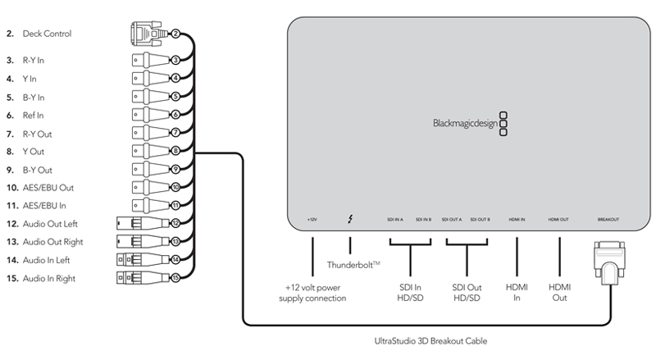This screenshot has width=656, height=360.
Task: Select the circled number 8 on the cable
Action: point(175,152)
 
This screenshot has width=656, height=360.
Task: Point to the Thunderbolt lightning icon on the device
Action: point(351,220)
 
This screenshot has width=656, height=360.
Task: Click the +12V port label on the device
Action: point(312,220)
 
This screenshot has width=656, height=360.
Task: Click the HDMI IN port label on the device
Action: point(517,220)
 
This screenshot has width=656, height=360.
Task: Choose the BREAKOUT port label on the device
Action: point(608,220)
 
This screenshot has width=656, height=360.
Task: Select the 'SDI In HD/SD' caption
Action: point(409,292)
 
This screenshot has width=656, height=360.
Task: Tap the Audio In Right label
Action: point(51,278)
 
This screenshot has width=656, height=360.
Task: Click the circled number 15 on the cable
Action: point(175,278)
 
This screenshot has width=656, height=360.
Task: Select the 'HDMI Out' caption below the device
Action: point(559,292)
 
